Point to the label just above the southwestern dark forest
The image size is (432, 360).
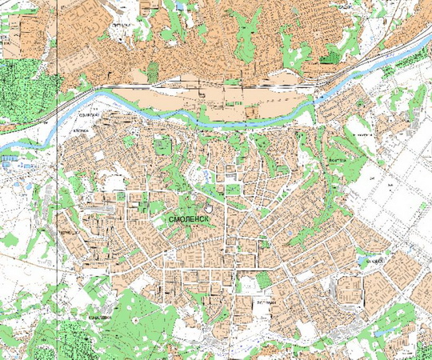99,317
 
